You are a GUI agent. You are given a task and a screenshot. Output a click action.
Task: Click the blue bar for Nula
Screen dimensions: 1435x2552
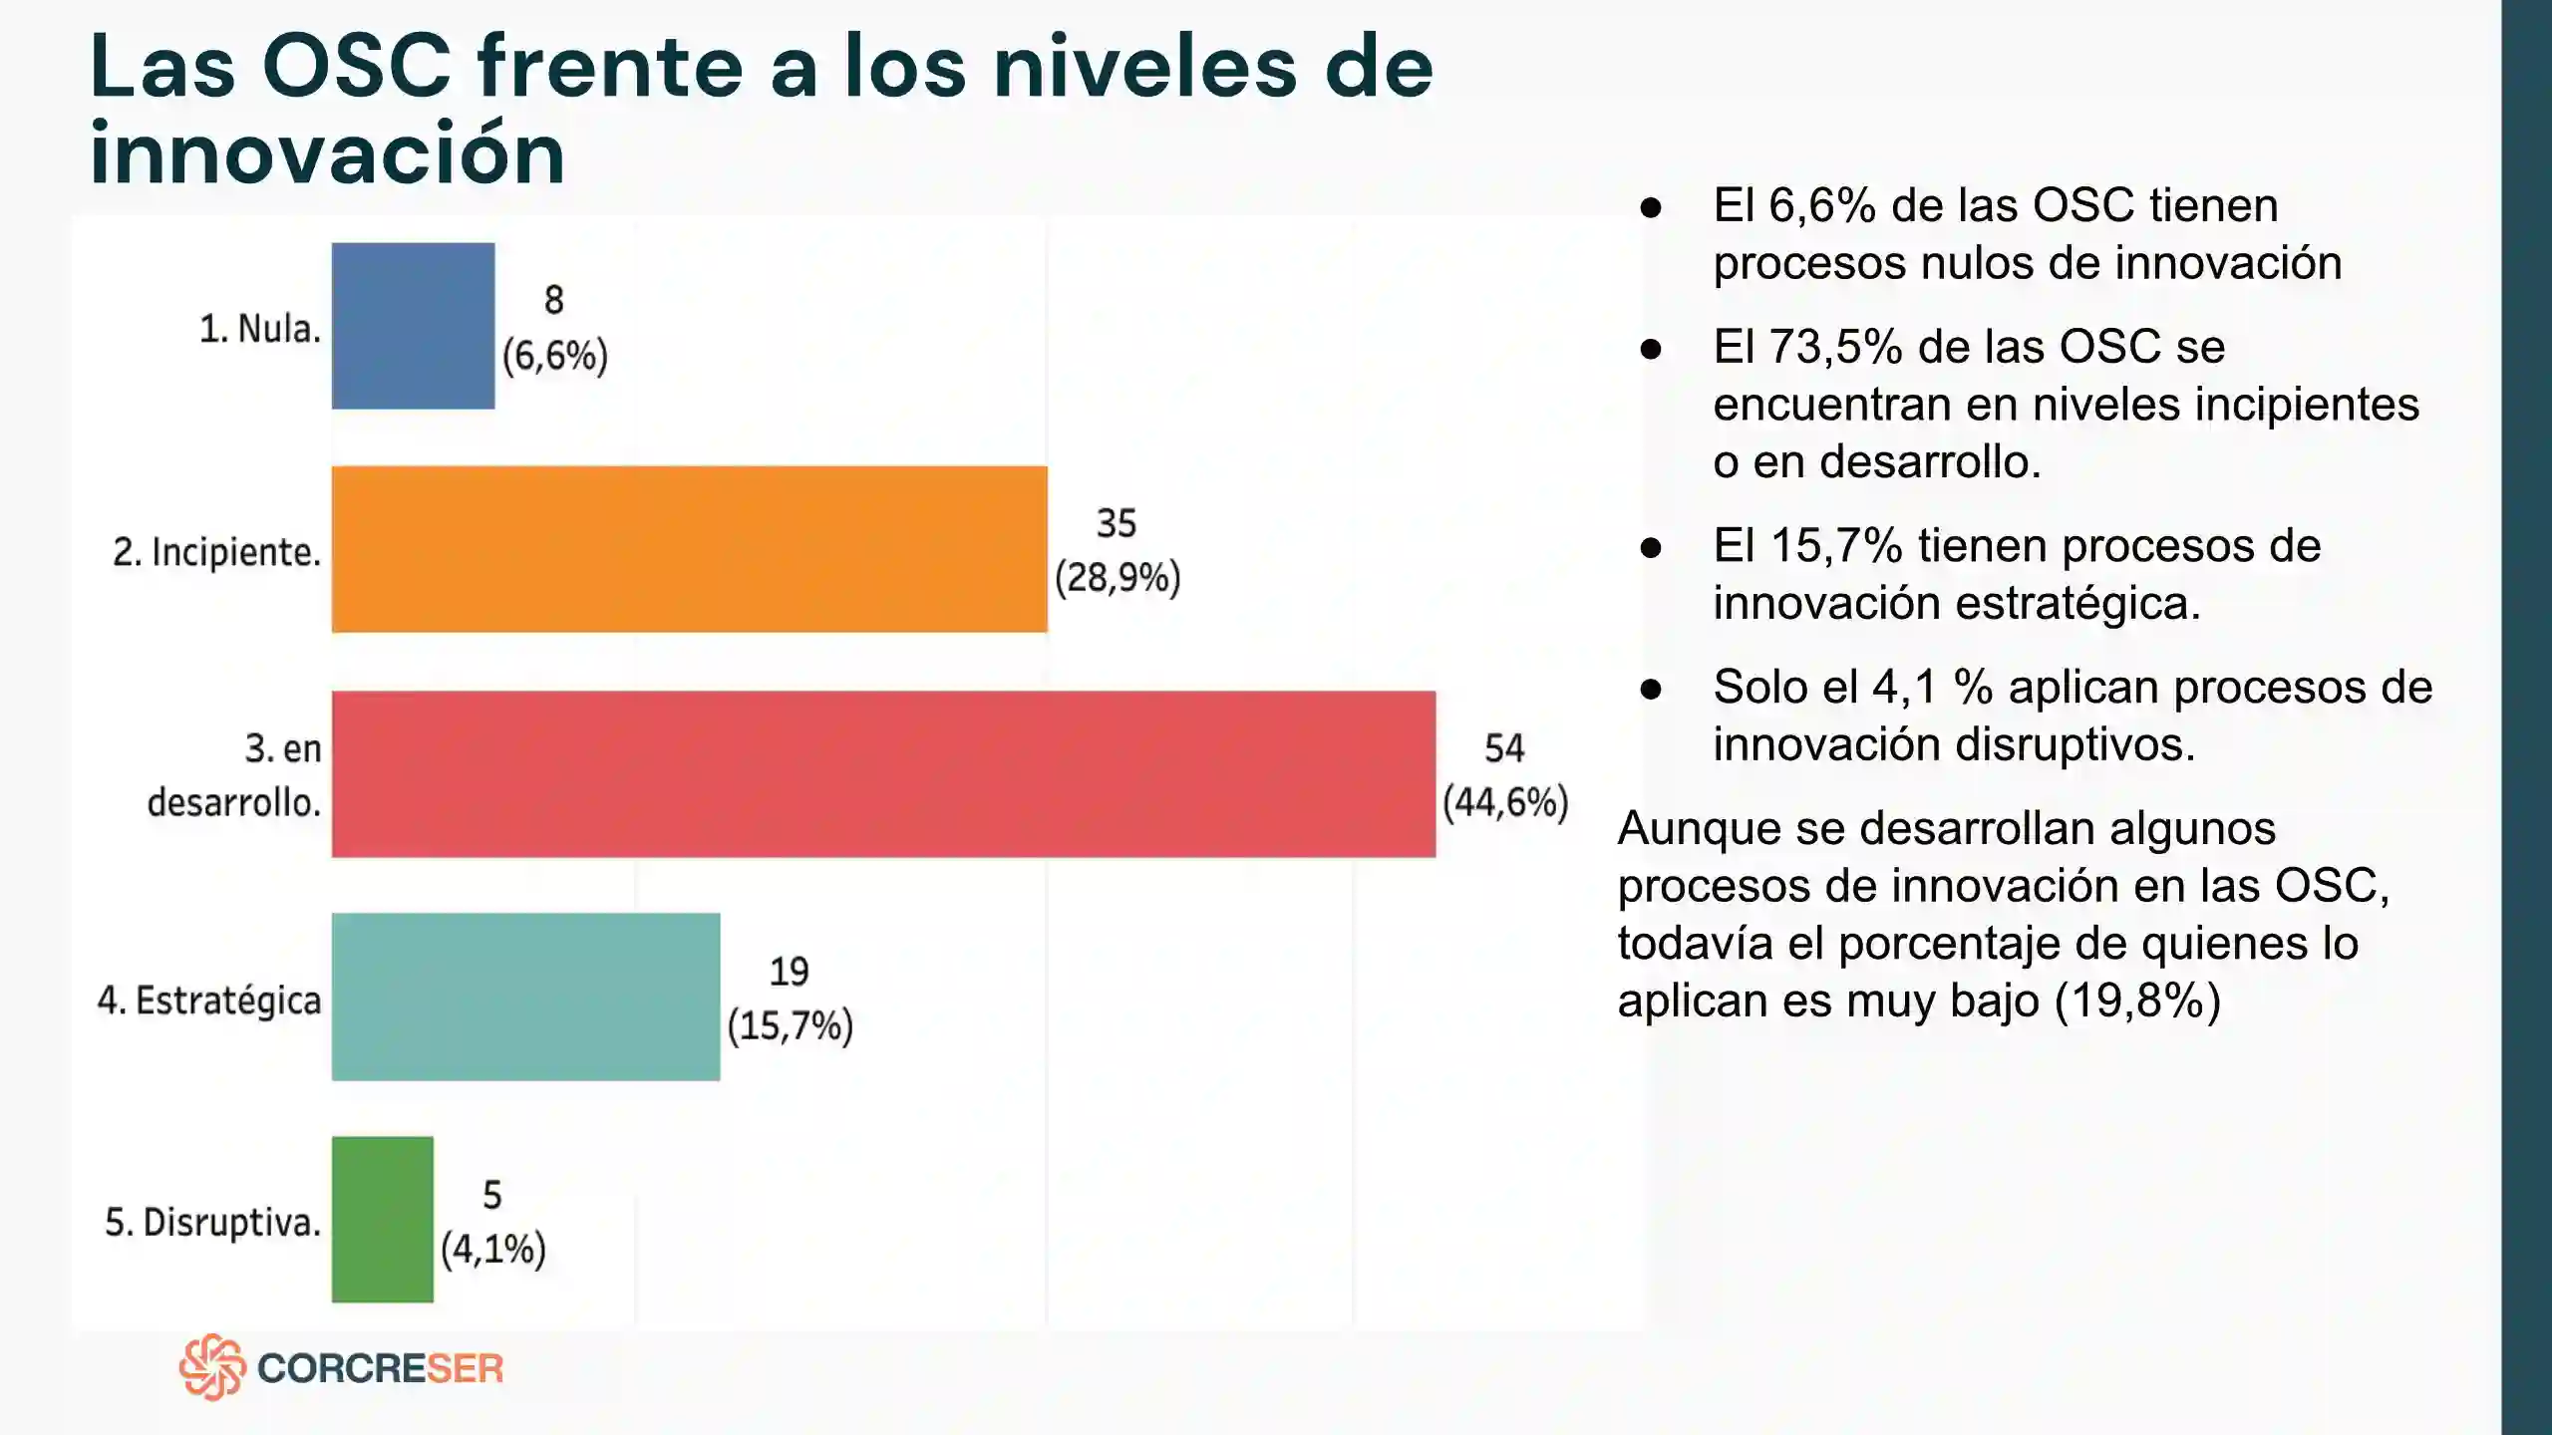click(413, 326)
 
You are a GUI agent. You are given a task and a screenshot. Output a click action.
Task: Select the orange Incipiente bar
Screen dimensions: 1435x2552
click(689, 549)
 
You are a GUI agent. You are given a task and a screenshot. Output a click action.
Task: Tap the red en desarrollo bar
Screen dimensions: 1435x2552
click(883, 773)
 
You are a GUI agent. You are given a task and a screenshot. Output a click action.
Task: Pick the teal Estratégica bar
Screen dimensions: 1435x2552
click(525, 997)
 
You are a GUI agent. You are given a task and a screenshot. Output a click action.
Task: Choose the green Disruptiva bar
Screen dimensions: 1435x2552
click(383, 1219)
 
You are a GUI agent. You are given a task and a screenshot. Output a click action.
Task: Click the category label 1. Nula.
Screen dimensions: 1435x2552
click(260, 329)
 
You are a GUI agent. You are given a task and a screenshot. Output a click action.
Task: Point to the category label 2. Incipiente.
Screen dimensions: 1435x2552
click(216, 552)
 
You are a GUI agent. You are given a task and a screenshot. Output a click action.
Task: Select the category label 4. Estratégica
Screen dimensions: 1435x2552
click(209, 1001)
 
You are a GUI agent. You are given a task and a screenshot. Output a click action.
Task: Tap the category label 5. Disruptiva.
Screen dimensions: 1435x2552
click(212, 1223)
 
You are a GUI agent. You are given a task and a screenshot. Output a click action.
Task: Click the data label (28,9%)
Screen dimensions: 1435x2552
click(1117, 578)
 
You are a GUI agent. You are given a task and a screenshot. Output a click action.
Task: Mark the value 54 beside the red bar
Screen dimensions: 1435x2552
click(1504, 748)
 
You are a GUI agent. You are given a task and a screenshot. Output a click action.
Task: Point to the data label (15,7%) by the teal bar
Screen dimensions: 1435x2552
click(790, 1026)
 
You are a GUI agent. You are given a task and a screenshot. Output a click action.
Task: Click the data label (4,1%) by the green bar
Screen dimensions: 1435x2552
click(493, 1249)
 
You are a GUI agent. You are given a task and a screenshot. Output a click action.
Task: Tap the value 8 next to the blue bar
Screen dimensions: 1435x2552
click(554, 300)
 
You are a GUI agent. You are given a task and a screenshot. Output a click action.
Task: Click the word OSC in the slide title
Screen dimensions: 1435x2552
click(357, 67)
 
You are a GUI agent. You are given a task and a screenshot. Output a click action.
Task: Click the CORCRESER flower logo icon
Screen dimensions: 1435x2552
click(212, 1367)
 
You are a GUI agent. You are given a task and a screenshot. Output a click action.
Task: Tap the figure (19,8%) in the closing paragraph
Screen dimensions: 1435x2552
click(2137, 1001)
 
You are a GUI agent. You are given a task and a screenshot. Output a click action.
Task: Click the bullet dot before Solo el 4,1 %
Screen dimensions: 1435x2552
click(1651, 689)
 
